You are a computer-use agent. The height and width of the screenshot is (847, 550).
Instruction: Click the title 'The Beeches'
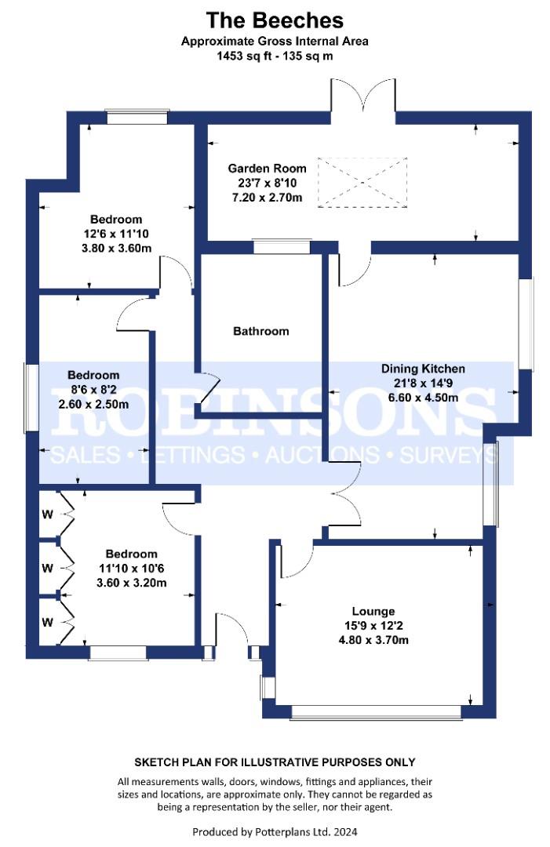point(275,19)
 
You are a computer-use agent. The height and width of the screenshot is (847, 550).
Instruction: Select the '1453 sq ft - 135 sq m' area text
point(275,56)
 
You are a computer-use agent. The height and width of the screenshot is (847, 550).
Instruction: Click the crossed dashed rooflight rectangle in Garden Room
point(362,182)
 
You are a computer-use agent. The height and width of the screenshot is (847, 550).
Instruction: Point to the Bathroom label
point(260,331)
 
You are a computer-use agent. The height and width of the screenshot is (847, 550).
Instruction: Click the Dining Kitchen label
point(423,369)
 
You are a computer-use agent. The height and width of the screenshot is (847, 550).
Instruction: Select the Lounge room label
point(373,611)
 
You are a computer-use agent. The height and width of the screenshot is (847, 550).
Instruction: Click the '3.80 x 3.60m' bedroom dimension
point(116,248)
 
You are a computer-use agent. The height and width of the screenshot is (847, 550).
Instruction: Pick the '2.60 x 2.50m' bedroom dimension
point(93,404)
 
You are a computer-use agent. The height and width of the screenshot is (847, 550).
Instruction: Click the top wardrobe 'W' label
point(47,515)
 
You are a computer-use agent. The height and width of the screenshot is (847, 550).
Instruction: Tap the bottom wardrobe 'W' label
point(47,622)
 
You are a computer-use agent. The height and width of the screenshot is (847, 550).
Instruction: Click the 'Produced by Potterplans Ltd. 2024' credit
point(275,831)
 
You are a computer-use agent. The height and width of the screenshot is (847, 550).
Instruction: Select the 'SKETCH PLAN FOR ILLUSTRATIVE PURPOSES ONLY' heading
point(275,762)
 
